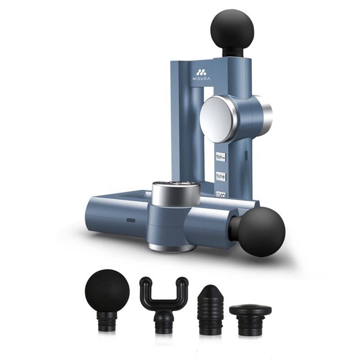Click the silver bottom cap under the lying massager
coord(172,247)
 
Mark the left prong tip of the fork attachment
coord(145,282)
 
